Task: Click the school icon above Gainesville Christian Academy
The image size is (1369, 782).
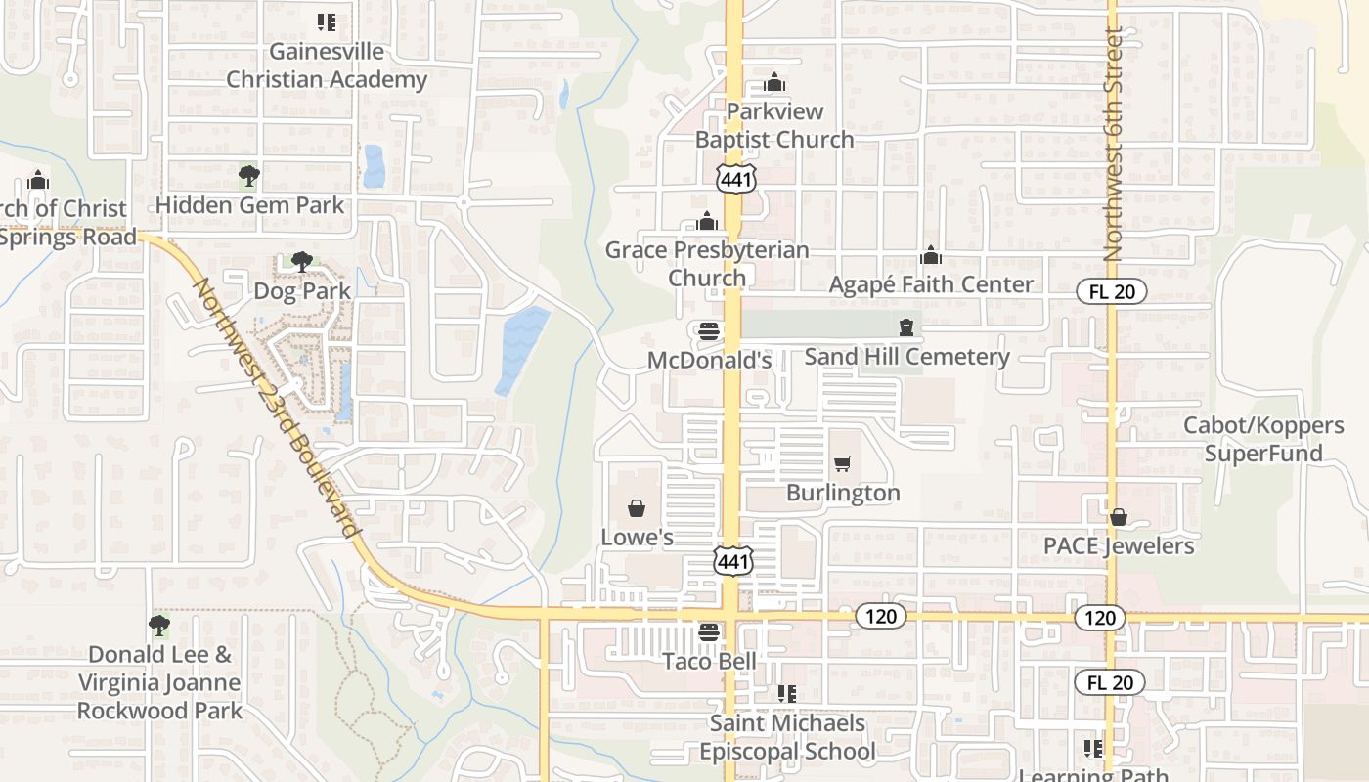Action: pyautogui.click(x=327, y=22)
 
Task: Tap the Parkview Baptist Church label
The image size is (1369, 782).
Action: pyautogui.click(x=774, y=125)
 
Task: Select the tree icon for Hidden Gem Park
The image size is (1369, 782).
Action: pyautogui.click(x=249, y=176)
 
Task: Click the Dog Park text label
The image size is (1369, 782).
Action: pyautogui.click(x=301, y=290)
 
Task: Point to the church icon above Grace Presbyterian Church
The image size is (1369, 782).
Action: pyautogui.click(x=708, y=221)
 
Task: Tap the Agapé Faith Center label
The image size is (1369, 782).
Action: pyautogui.click(x=930, y=283)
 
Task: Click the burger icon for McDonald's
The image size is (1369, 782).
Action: pyautogui.click(x=709, y=331)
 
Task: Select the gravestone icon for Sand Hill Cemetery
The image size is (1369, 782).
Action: pyautogui.click(x=907, y=327)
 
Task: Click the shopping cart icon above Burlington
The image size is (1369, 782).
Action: pyautogui.click(x=843, y=463)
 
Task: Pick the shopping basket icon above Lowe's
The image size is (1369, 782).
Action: pyautogui.click(x=637, y=508)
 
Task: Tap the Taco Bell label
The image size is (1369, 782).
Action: pyautogui.click(x=709, y=661)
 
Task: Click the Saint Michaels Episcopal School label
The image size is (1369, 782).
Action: pyautogui.click(x=787, y=737)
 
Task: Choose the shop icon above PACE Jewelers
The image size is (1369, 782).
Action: pyautogui.click(x=1119, y=516)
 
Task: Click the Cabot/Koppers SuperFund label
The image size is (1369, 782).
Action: pyautogui.click(x=1263, y=439)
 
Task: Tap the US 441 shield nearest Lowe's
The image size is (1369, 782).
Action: pyautogui.click(x=732, y=561)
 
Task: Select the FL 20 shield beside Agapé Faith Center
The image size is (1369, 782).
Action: pyautogui.click(x=1111, y=291)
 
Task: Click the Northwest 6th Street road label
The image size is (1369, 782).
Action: pyautogui.click(x=1113, y=144)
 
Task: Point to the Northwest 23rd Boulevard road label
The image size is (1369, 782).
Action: pyautogui.click(x=275, y=406)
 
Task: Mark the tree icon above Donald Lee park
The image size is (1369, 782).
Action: pyautogui.click(x=159, y=625)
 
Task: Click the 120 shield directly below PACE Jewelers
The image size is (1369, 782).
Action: pyautogui.click(x=1100, y=617)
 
